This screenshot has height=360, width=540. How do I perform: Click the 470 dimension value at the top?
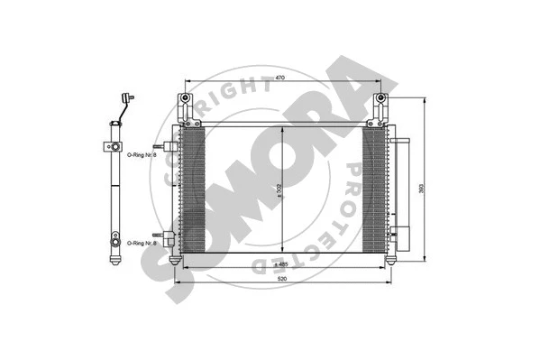click(x=279, y=79)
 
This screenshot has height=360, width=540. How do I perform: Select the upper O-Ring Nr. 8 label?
click(x=142, y=155)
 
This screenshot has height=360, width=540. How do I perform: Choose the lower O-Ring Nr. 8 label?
click(x=142, y=244)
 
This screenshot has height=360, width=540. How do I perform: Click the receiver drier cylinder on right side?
click(x=402, y=194)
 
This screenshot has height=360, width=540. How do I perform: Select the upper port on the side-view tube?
click(x=114, y=145)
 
